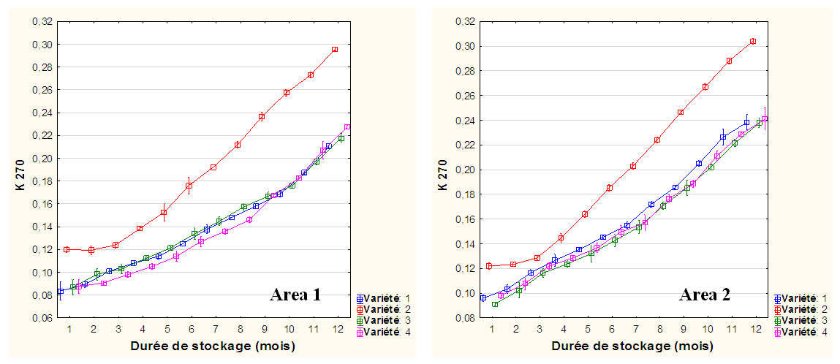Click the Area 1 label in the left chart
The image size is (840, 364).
(x=295, y=295)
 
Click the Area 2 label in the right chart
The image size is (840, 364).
(x=705, y=295)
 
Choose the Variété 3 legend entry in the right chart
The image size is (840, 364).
(x=802, y=321)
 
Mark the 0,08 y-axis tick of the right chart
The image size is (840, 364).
(x=465, y=318)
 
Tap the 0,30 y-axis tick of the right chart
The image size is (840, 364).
(x=465, y=46)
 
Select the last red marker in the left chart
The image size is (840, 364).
(x=334, y=50)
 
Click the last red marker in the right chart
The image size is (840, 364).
(x=752, y=42)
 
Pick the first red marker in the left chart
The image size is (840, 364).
(x=67, y=249)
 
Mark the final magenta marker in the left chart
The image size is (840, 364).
(x=347, y=127)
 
